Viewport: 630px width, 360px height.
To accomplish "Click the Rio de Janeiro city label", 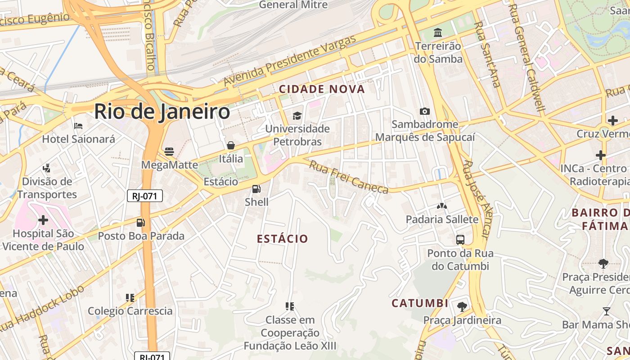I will pos(162,112).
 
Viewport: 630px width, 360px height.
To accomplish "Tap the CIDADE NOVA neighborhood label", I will pos(322,89).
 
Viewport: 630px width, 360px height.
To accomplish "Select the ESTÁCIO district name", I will pos(283,238).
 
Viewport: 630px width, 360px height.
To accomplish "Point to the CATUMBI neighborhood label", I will pos(420,303).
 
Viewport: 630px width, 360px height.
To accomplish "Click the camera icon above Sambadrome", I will pos(424,111).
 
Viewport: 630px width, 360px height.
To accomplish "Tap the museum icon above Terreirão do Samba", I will pos(438,33).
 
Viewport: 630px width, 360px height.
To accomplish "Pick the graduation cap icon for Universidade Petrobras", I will pos(297,116).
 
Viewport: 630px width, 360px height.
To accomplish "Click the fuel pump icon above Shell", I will pos(256,189).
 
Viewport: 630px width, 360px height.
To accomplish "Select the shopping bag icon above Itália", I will pos(231,145).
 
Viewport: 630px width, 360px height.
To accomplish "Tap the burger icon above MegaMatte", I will pos(169,152).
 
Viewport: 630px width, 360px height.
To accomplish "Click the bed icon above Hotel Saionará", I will pos(78,126).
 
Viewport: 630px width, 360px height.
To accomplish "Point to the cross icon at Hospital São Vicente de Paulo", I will pos(43,220).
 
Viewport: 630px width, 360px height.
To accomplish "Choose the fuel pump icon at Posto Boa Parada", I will pos(141,223).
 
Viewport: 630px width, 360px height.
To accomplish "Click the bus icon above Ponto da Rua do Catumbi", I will pos(460,240).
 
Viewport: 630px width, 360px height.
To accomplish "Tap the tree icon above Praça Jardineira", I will pos(462,307).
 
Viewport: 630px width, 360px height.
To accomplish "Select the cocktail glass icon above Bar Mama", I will pos(607,311).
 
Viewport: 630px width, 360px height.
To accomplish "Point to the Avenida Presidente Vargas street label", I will pos(290,60).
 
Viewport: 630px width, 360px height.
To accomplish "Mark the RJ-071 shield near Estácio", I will pos(145,196).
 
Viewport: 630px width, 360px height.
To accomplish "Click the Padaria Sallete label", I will pos(442,219).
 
